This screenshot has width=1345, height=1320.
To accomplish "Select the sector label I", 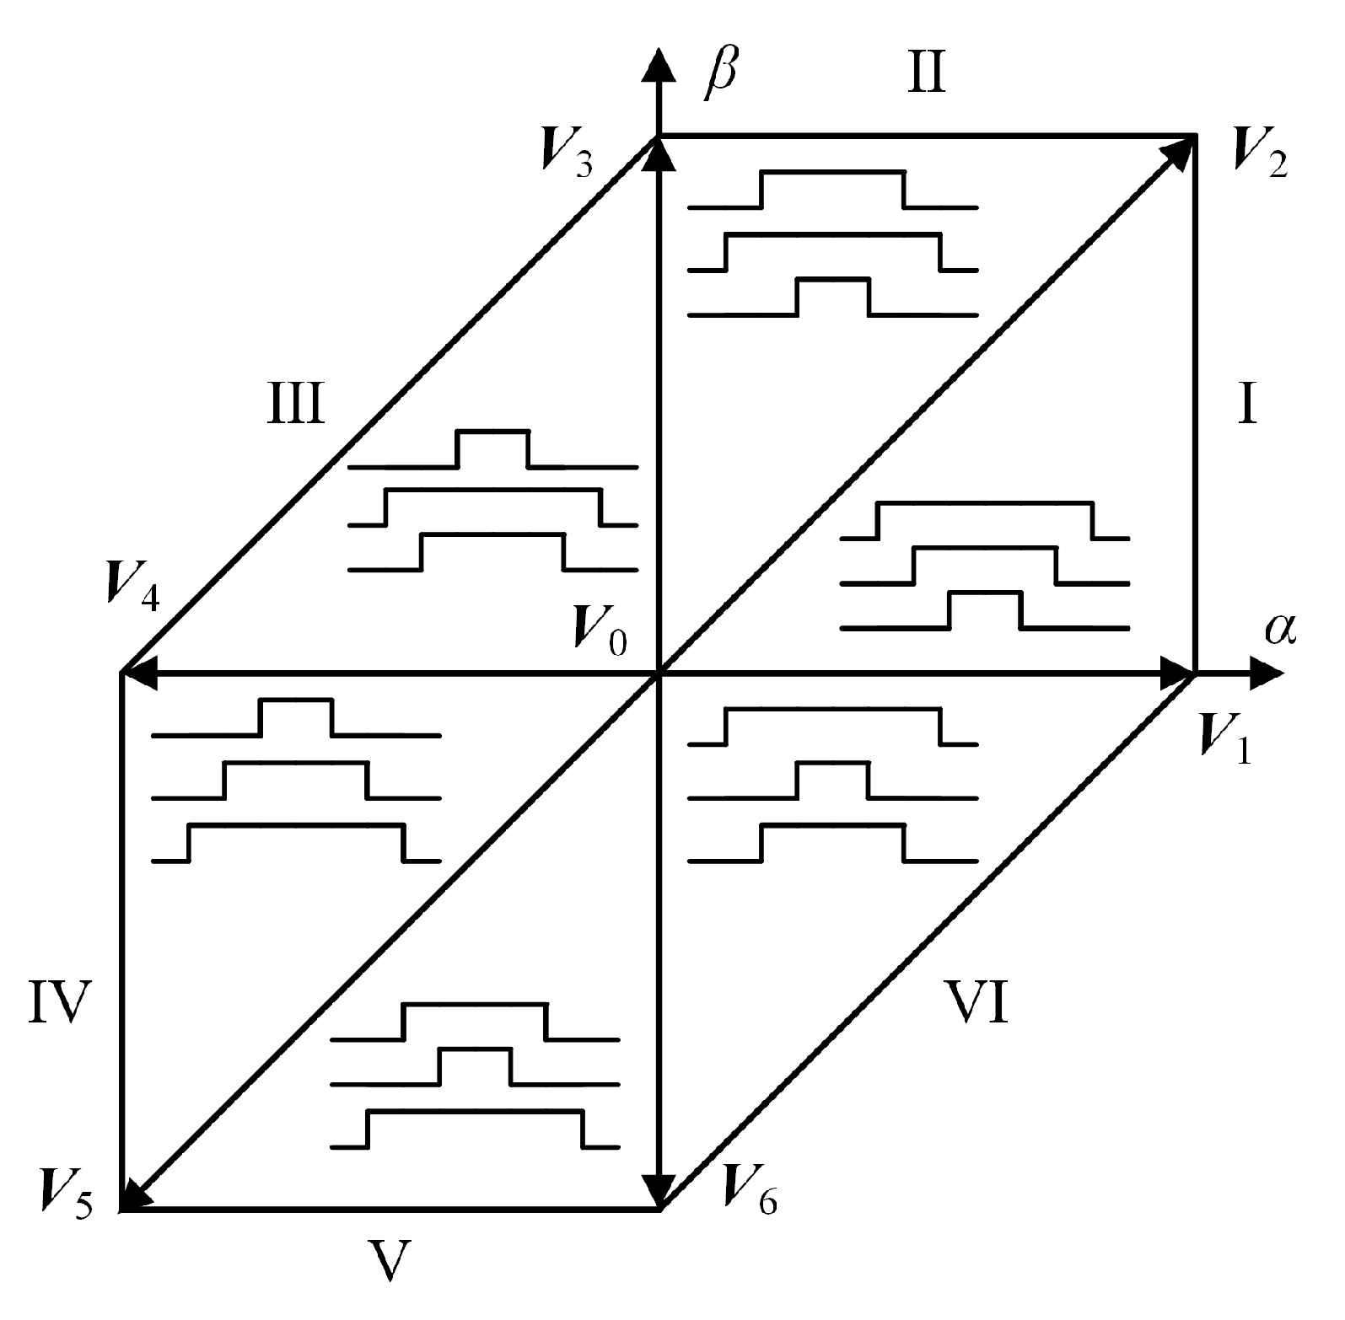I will (1246, 405).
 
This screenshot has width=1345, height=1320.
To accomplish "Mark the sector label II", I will (928, 73).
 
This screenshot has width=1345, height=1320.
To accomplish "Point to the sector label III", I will (295, 405).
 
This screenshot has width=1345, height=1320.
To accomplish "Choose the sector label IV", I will (59, 1001).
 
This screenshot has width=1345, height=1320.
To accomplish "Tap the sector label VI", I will (976, 1001).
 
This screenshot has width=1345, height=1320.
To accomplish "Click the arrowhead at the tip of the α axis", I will (1267, 673).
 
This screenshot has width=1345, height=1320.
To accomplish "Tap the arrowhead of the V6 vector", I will (659, 1191).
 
